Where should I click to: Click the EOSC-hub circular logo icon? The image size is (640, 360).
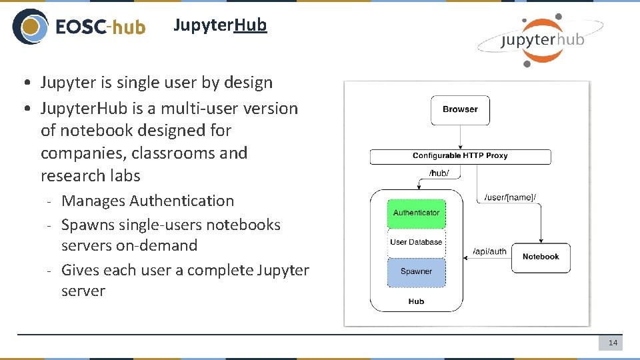pyautogui.click(x=30, y=27)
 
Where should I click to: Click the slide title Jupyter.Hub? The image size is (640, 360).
pyautogui.click(x=220, y=25)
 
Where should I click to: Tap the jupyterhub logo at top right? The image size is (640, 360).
pyautogui.click(x=540, y=40)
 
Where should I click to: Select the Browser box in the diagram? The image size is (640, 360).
pyautogui.click(x=460, y=109)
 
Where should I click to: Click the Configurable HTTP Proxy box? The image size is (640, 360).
pyautogui.click(x=460, y=156)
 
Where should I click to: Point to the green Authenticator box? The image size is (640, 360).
pyautogui.click(x=416, y=213)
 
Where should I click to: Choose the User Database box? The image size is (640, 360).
pyautogui.click(x=416, y=242)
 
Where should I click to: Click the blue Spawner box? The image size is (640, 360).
pyautogui.click(x=416, y=271)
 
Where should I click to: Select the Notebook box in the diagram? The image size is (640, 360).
pyautogui.click(x=541, y=257)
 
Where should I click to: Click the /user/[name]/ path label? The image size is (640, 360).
pyautogui.click(x=510, y=197)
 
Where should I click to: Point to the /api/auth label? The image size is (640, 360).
pyautogui.click(x=489, y=251)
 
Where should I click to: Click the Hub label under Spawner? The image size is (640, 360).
pyautogui.click(x=416, y=301)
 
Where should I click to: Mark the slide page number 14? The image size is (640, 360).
pyautogui.click(x=613, y=343)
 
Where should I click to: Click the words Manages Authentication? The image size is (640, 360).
pyautogui.click(x=147, y=201)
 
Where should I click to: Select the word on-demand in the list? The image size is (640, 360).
pyautogui.click(x=157, y=245)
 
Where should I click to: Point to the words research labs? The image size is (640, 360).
pyautogui.click(x=91, y=176)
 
